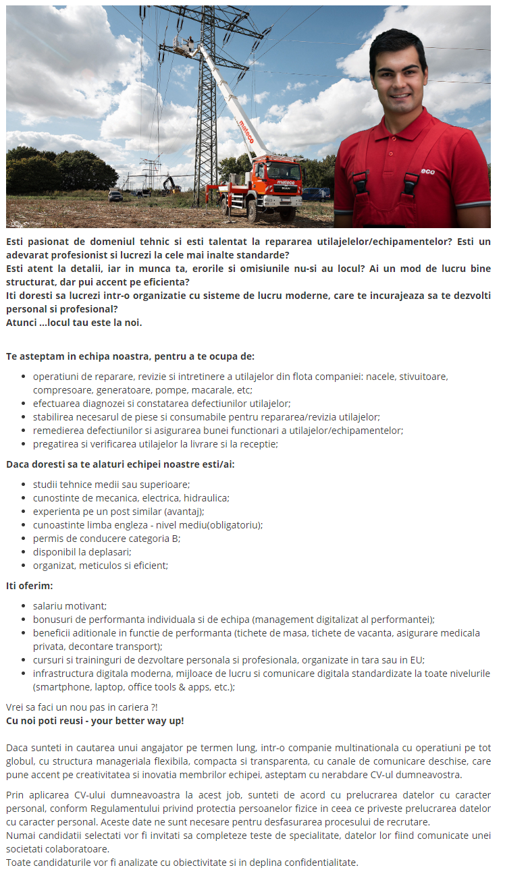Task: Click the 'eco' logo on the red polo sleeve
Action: click(x=427, y=171)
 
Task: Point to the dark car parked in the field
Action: click(x=115, y=196)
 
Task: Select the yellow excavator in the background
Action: click(x=170, y=185)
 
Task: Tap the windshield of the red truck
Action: click(x=284, y=170)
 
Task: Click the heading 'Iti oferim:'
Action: click(x=29, y=585)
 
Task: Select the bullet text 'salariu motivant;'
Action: click(x=70, y=606)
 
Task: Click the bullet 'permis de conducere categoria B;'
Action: click(x=107, y=539)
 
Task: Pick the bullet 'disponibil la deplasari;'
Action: click(x=82, y=552)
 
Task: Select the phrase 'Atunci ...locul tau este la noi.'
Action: click(x=74, y=322)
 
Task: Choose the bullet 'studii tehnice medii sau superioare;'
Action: click(x=111, y=485)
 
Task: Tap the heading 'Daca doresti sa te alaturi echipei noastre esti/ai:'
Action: click(x=120, y=464)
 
